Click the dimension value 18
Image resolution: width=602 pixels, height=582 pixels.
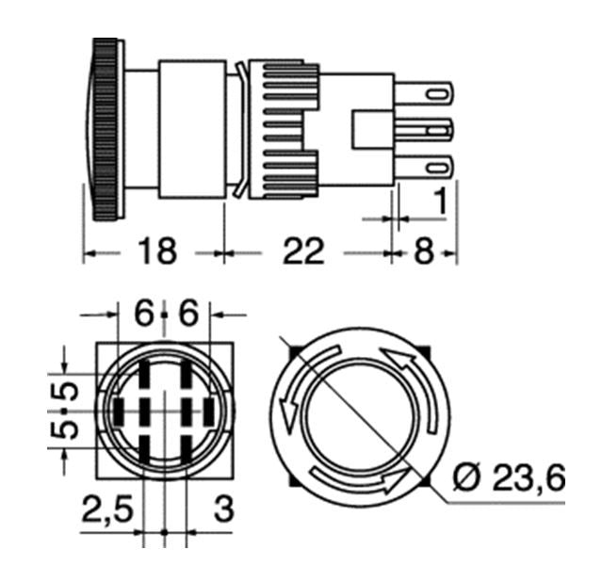(157, 251)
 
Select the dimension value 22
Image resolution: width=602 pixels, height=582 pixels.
(303, 251)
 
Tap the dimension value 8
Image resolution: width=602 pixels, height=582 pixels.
(424, 251)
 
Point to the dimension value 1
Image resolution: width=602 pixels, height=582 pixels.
(441, 201)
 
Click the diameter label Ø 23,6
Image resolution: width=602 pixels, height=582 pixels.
(509, 477)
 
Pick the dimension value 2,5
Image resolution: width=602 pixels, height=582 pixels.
(107, 509)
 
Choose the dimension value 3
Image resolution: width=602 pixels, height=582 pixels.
(224, 509)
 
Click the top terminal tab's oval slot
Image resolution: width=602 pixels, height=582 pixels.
(438, 94)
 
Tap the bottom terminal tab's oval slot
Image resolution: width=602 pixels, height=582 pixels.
(438, 169)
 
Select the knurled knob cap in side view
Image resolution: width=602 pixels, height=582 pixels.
(105, 129)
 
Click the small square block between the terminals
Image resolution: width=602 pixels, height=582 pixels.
(373, 130)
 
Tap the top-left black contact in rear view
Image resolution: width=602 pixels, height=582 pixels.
(144, 374)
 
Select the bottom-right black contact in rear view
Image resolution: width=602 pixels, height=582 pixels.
(187, 450)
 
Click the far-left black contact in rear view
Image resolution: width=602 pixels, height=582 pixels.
(119, 412)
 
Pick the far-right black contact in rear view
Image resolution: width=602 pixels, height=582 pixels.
(209, 412)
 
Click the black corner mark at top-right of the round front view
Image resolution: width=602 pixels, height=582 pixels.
(424, 351)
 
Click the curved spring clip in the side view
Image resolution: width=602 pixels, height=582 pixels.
(241, 129)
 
